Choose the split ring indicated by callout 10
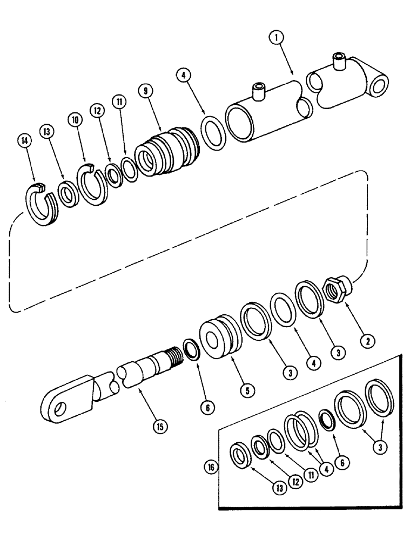tap(96, 185)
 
